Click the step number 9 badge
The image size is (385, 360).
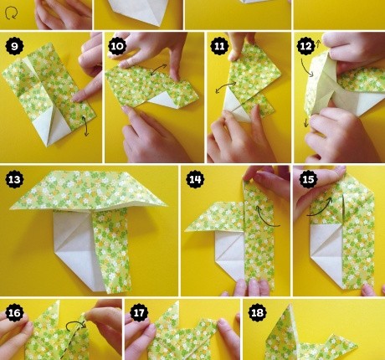click(x=14, y=46)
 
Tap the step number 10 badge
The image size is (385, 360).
click(x=117, y=46)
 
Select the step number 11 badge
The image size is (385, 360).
click(x=219, y=46)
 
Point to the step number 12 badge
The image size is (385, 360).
click(x=305, y=46)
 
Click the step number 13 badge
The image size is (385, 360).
click(x=14, y=179)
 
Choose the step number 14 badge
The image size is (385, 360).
click(x=195, y=179)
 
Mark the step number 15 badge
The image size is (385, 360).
click(x=308, y=179)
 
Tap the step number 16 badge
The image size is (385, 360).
click(x=14, y=313)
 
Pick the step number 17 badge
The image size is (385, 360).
click(x=139, y=313)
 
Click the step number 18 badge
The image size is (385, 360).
click(x=257, y=313)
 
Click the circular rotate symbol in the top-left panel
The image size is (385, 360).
click(x=12, y=13)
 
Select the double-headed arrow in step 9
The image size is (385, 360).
click(x=85, y=126)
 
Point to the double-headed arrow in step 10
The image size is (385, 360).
click(x=159, y=69)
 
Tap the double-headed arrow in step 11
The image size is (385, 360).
click(x=226, y=87)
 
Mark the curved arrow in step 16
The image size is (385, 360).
click(x=76, y=323)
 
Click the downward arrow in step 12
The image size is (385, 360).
click(x=306, y=122)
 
